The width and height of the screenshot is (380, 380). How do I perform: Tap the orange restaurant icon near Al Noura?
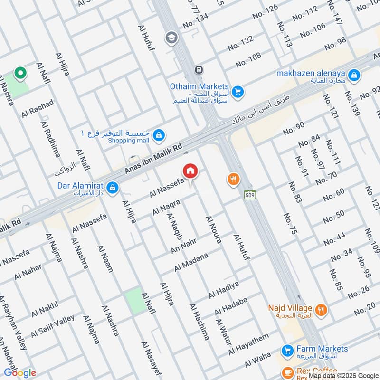(x=233, y=179)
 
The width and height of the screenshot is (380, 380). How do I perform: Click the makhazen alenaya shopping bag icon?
(x=353, y=75)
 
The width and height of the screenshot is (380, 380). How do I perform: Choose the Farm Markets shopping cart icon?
(x=287, y=351)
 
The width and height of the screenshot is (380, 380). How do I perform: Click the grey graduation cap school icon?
(x=171, y=37)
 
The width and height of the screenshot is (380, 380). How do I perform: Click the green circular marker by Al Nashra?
(x=20, y=73)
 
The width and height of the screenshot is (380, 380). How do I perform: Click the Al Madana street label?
(x=191, y=262)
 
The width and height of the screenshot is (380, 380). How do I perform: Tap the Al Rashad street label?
(x=38, y=109)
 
